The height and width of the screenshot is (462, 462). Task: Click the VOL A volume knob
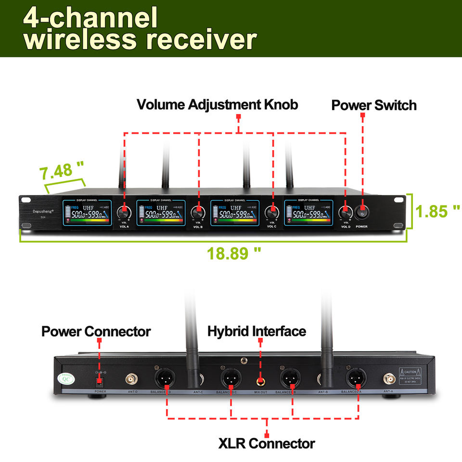[x=125, y=211]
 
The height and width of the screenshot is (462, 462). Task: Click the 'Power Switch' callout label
[x=374, y=105]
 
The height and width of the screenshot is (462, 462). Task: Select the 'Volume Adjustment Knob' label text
[x=218, y=104]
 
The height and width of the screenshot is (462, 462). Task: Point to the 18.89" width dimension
[x=234, y=253]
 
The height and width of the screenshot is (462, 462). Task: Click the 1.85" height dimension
[x=437, y=211]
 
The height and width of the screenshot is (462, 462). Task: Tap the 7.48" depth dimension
[x=62, y=170]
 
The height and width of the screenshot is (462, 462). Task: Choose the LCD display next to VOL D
[x=308, y=213]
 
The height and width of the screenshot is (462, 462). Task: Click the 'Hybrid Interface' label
[x=257, y=331]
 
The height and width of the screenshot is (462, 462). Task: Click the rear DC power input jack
[x=100, y=382]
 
